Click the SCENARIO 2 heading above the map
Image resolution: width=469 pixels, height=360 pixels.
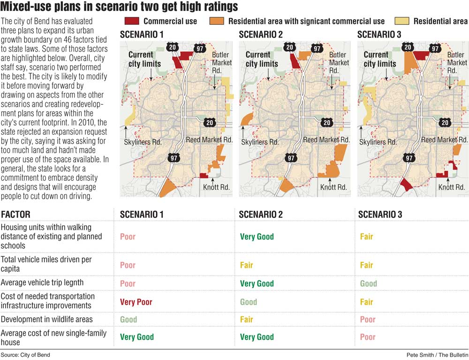[x=261, y=34]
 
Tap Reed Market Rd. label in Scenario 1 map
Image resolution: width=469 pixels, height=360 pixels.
[x=209, y=140]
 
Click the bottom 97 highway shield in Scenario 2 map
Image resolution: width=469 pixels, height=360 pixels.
[x=291, y=158]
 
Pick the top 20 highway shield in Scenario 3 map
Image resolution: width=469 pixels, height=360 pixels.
[x=408, y=47]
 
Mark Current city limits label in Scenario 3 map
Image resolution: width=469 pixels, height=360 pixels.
[x=379, y=59]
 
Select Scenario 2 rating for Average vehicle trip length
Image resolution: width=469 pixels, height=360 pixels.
[x=257, y=283]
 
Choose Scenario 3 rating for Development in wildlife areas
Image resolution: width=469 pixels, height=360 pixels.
[x=368, y=319]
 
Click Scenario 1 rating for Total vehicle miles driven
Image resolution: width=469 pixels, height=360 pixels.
[x=128, y=265]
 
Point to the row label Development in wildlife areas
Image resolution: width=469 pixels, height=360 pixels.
[x=46, y=319]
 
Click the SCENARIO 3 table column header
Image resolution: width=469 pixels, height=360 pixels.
[x=380, y=214]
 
